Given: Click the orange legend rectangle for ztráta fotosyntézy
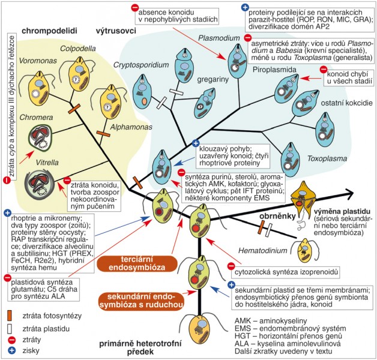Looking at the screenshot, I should [10, 314].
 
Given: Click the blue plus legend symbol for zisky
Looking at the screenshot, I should [10, 351].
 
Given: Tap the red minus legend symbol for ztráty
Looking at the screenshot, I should [10, 339].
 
